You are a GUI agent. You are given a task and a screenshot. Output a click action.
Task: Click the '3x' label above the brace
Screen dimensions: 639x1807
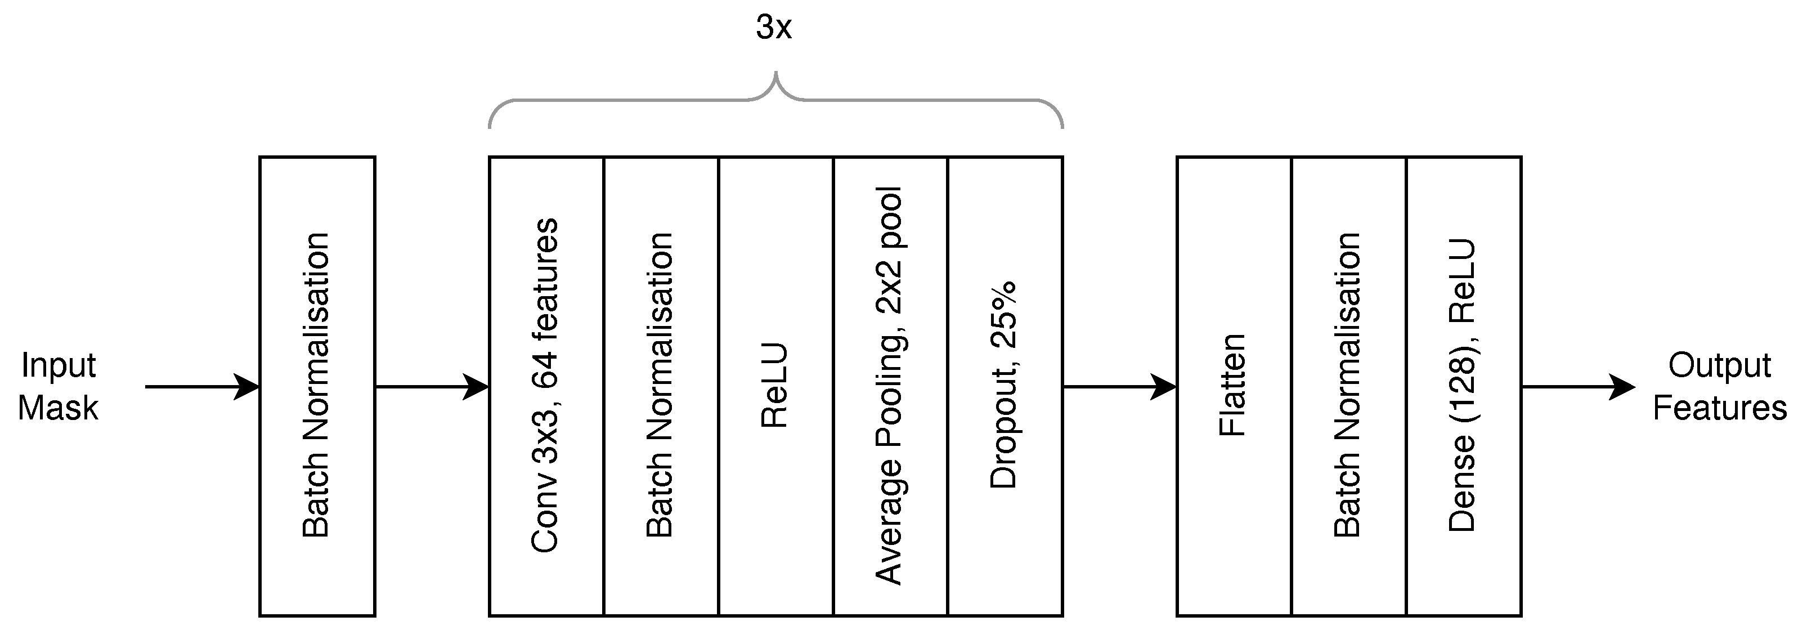[774, 28]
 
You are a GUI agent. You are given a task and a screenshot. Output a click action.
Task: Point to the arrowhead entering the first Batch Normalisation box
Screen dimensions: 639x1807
[247, 386]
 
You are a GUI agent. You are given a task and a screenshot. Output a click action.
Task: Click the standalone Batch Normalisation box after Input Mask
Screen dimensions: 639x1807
[317, 386]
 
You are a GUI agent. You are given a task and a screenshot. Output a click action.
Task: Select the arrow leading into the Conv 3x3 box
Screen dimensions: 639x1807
[432, 386]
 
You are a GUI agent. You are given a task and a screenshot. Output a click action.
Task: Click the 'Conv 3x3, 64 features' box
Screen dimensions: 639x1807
[546, 386]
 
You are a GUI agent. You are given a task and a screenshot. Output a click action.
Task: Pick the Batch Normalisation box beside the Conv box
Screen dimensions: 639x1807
[661, 386]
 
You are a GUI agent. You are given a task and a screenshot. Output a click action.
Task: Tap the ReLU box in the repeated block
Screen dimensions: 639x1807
[775, 386]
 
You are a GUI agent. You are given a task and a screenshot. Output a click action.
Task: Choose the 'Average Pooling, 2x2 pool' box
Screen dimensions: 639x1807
[890, 386]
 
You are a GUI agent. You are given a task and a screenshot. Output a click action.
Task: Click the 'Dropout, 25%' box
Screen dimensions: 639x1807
[1005, 386]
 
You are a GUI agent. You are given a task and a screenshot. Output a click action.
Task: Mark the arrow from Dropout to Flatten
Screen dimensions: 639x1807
[1119, 386]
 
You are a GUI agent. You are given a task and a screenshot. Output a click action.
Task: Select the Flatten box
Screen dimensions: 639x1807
[1233, 386]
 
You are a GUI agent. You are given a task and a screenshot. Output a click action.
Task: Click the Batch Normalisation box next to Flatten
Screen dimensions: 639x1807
[1348, 386]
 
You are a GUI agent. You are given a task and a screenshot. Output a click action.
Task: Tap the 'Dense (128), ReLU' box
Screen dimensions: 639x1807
[1463, 386]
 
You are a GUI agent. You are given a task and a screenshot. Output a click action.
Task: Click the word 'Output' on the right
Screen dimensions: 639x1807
[1719, 365]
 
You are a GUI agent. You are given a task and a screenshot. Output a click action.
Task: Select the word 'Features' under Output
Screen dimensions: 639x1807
[1719, 408]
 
